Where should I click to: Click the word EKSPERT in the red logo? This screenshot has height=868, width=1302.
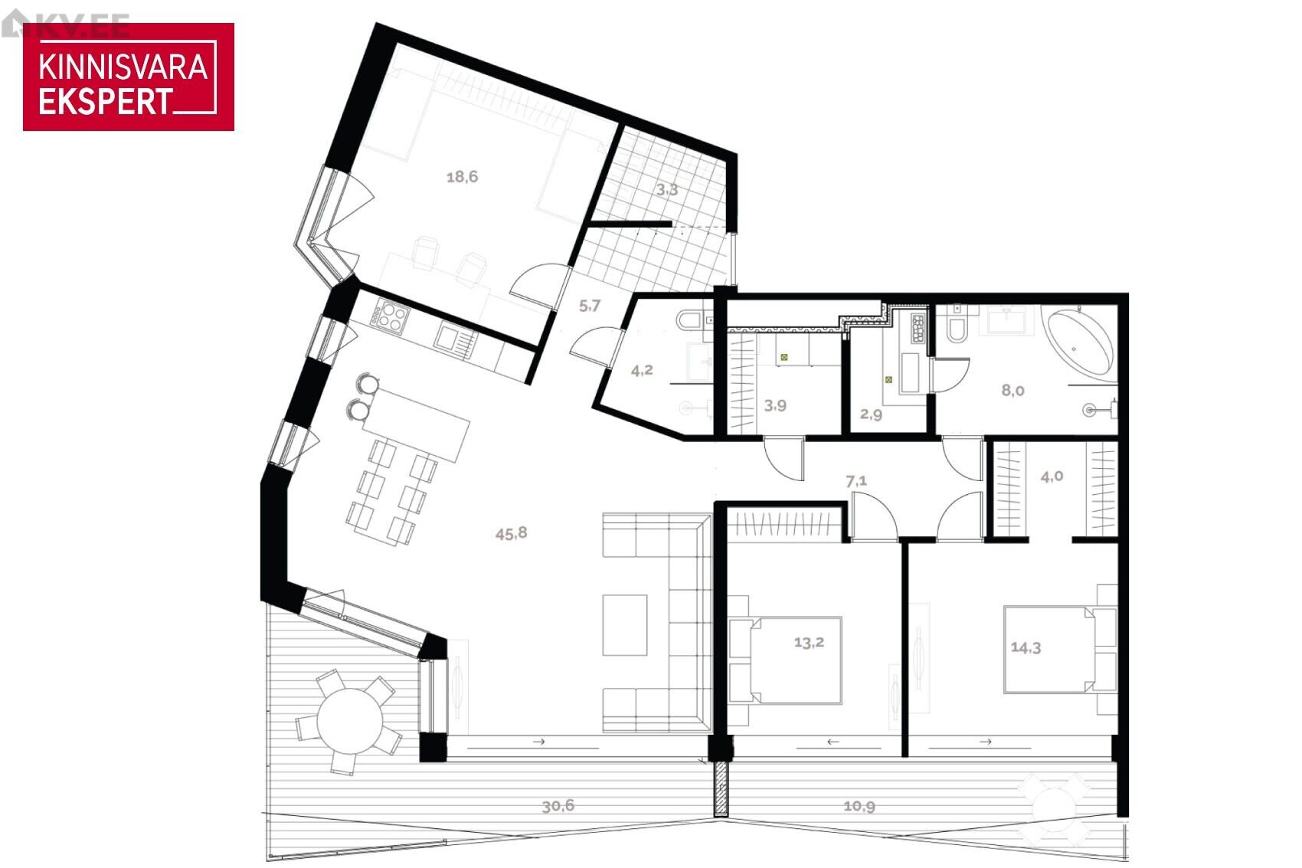point(106,102)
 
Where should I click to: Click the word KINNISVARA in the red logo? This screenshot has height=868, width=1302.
point(123,67)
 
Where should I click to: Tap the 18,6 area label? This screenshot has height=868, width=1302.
point(462,177)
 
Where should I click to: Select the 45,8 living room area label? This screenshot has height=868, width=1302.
point(512,533)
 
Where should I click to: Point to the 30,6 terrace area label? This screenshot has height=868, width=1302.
point(558,806)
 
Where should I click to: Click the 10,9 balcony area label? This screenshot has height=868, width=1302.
point(859,807)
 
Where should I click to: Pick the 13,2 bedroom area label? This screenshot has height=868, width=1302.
point(809,643)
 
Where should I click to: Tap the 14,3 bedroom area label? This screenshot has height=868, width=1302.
point(1026,647)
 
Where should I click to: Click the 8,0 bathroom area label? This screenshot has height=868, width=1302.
point(1012,391)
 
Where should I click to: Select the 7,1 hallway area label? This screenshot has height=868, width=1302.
point(856,481)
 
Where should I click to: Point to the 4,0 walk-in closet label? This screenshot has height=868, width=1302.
point(1052,477)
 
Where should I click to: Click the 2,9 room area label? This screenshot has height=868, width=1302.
point(872,414)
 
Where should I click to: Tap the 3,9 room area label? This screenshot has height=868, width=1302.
point(775,405)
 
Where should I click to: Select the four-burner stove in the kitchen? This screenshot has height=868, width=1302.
point(389,318)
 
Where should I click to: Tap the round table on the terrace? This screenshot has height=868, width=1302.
point(350,721)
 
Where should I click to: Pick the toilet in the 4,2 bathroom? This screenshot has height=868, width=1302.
point(690,319)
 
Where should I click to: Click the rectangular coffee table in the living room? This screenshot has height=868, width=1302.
point(625,625)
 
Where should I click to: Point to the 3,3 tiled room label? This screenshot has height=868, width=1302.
point(666,189)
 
